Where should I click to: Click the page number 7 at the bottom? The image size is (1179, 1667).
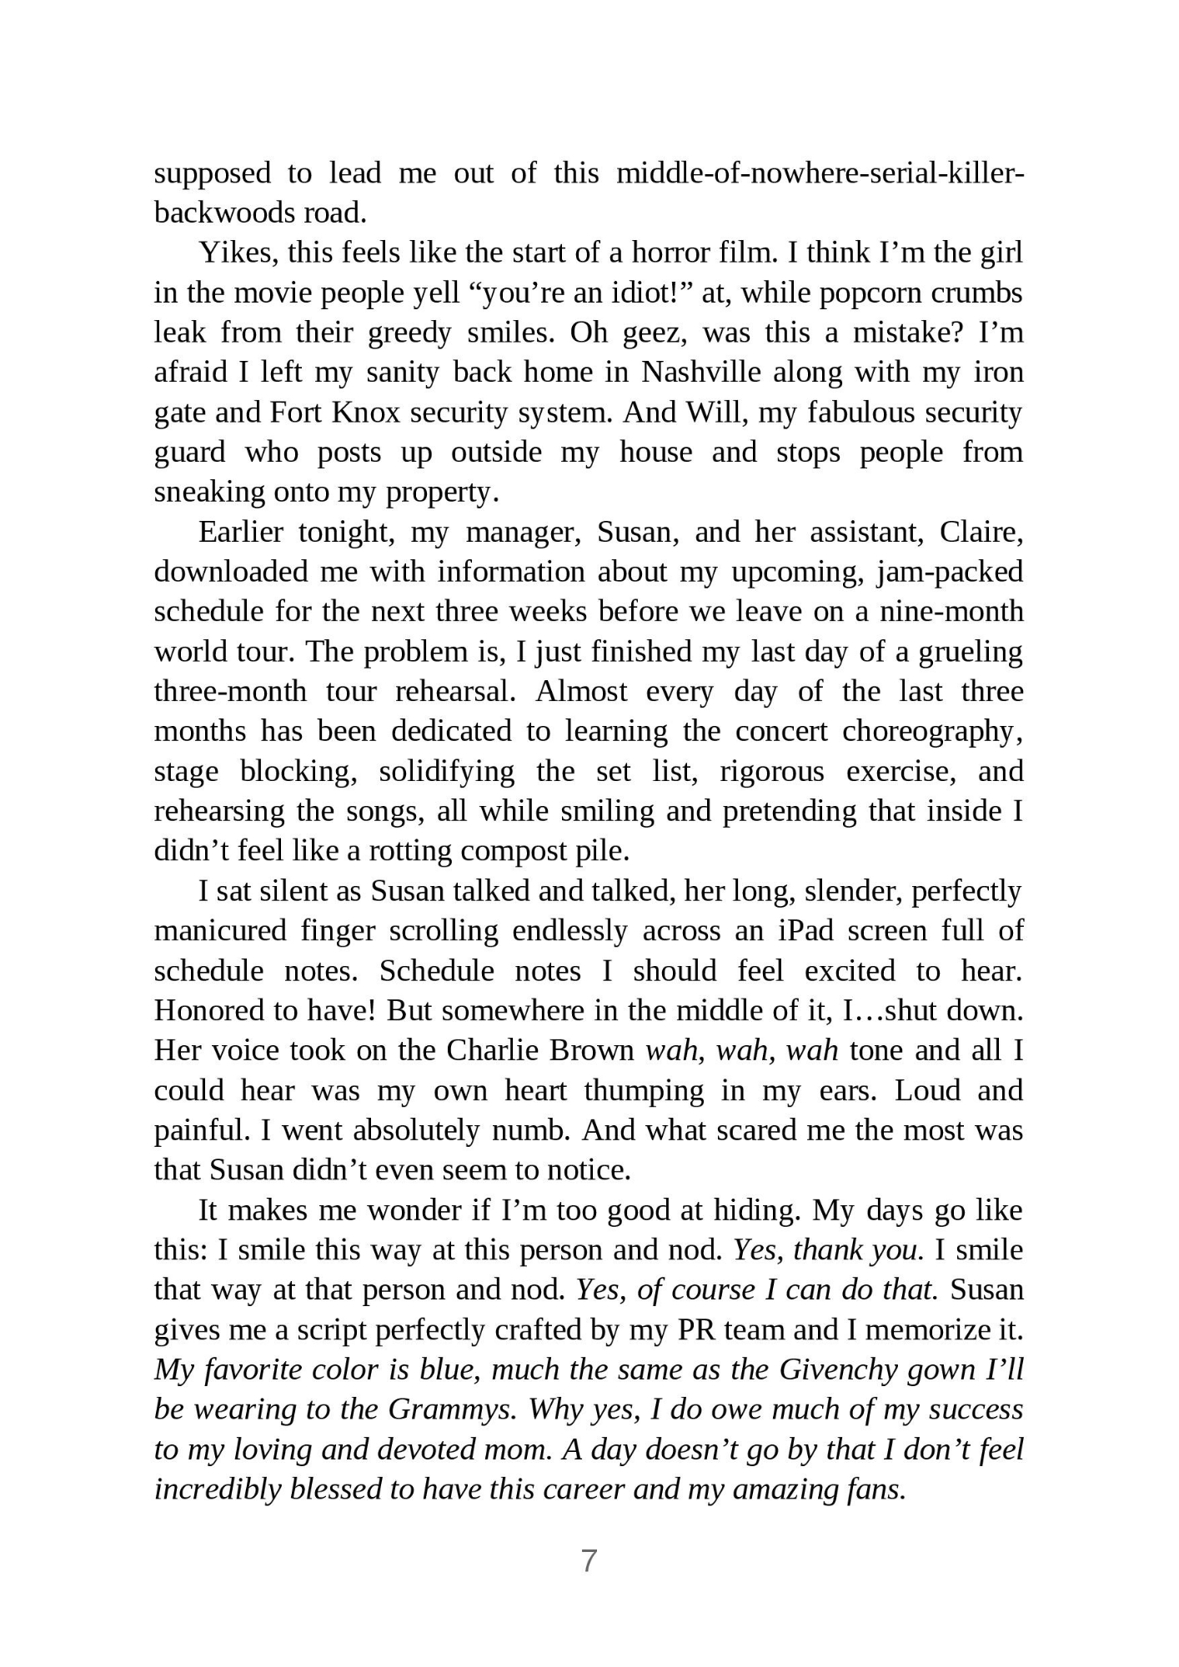(589, 1560)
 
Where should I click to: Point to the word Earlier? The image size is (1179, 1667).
(241, 532)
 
